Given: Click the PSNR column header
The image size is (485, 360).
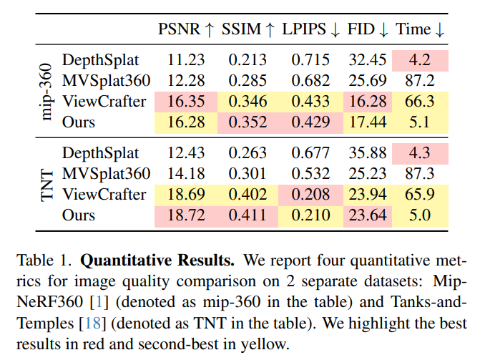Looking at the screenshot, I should tap(185, 29).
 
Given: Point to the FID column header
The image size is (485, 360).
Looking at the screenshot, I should tap(368, 29).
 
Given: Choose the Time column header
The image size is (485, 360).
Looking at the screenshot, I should tap(421, 29).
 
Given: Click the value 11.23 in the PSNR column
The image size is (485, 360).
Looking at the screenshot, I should tap(185, 60).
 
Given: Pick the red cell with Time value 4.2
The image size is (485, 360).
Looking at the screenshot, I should tap(420, 60).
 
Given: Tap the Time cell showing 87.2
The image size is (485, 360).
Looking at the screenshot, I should tap(420, 81).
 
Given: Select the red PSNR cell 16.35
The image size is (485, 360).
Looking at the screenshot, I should tap(185, 102).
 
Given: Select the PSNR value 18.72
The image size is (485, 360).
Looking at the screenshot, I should tap(185, 215).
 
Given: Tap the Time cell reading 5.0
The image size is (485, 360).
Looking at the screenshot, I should tap(420, 215).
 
